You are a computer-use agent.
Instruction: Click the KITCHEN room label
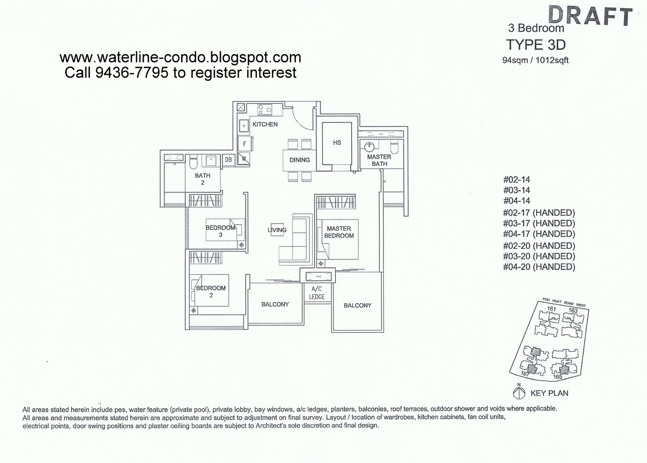tap(265, 124)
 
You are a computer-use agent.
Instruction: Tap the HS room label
tap(337, 142)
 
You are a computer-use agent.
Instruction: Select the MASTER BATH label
tap(379, 160)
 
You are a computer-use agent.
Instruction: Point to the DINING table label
tap(299, 160)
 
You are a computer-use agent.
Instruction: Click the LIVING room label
tap(277, 230)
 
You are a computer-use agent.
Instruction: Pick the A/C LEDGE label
tap(317, 293)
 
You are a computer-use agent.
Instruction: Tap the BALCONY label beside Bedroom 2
tap(275, 304)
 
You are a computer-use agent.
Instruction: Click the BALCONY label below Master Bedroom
tap(357, 306)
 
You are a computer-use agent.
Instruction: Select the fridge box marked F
tap(245, 144)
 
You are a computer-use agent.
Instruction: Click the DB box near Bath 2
tap(228, 160)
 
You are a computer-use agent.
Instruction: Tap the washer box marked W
tap(244, 158)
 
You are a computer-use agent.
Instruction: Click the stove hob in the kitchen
tap(264, 109)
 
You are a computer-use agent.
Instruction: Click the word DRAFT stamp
tap(590, 16)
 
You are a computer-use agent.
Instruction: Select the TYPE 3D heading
tap(536, 45)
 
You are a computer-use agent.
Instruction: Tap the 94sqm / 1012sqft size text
tap(535, 60)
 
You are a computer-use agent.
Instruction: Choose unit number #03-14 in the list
tap(516, 190)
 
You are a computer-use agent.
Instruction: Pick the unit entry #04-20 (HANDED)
tap(539, 267)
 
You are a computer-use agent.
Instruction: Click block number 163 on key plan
tap(573, 310)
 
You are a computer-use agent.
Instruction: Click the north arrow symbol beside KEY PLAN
tap(519, 393)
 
